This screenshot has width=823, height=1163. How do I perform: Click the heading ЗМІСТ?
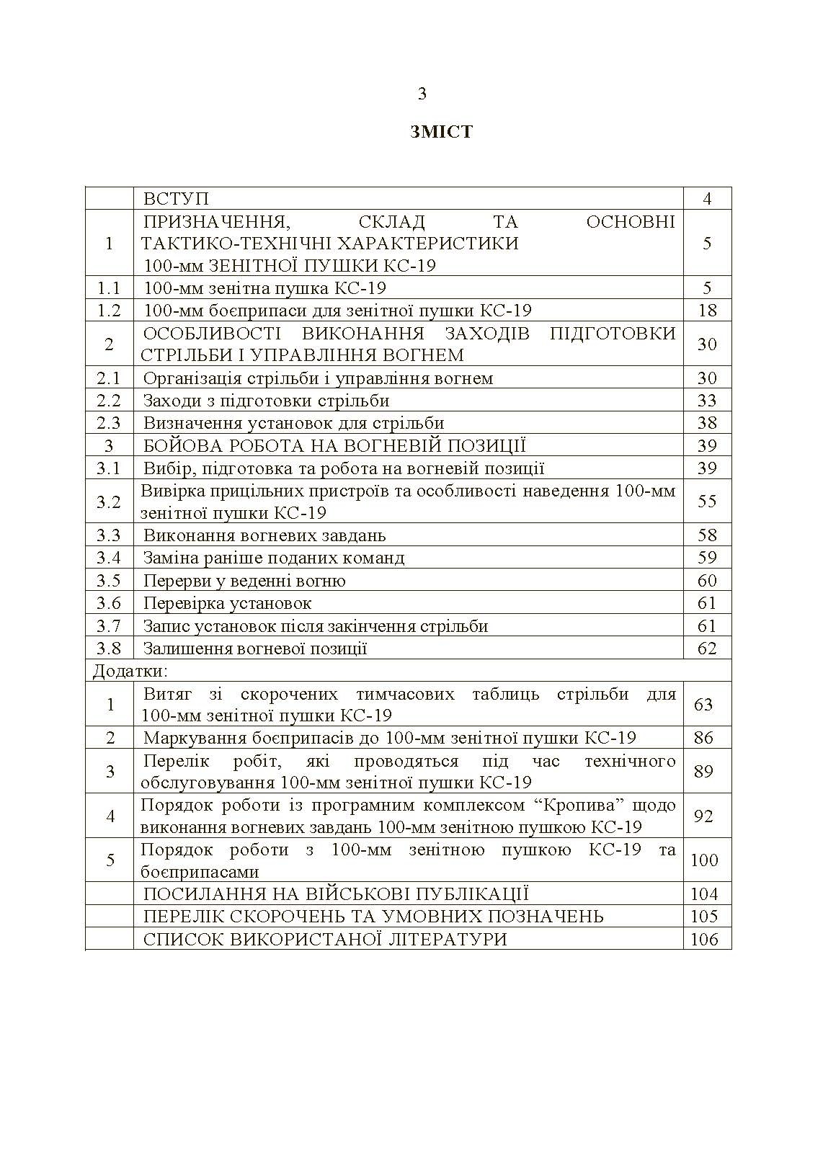click(441, 132)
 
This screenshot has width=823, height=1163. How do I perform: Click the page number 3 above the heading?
click(422, 94)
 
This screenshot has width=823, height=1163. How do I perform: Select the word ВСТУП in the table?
click(176, 199)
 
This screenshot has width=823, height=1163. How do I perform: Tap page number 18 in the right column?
click(707, 311)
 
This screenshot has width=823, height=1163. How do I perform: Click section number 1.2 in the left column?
click(109, 311)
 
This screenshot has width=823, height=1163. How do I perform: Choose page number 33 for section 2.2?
click(707, 401)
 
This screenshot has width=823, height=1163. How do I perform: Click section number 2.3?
click(109, 423)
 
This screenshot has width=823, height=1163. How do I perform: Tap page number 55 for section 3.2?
click(707, 501)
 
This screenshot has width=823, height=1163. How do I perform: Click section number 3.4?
click(109, 558)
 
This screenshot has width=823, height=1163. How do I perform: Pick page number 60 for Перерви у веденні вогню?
click(707, 581)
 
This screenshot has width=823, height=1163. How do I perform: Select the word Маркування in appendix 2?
click(188, 738)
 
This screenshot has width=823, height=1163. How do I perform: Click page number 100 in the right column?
click(705, 860)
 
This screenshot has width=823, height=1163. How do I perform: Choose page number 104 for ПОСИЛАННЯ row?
click(705, 894)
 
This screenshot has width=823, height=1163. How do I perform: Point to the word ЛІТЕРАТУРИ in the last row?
click(448, 939)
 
